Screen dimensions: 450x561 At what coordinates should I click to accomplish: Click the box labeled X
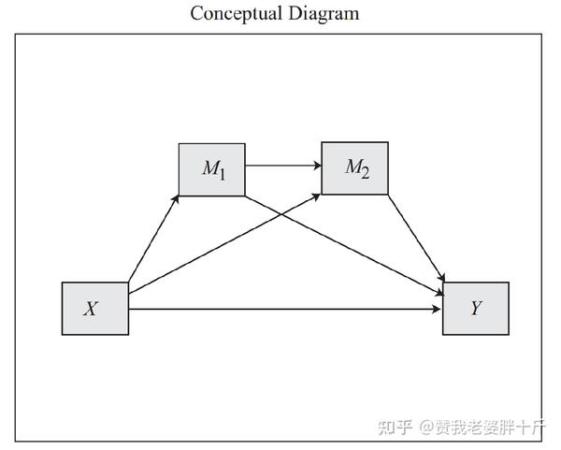point(94,308)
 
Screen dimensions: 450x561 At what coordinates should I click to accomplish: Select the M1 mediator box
point(211,169)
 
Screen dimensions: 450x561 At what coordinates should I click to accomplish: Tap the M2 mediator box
point(354,168)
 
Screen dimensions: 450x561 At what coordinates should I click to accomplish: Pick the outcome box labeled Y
point(476,308)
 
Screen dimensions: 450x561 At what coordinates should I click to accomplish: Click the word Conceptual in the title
point(233,13)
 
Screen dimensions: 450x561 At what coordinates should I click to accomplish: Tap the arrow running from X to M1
point(153,239)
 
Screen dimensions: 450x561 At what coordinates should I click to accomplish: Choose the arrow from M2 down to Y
point(416,239)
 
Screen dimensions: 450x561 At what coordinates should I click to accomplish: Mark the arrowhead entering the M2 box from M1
point(316,167)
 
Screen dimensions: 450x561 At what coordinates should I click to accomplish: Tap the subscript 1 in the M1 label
point(222,173)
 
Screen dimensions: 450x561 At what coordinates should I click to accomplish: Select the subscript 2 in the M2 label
point(365,172)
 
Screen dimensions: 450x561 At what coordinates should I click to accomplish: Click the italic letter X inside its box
point(91,308)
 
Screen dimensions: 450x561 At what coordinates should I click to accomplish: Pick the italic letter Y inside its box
point(476,308)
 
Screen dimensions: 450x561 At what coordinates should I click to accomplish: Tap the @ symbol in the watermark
point(426,428)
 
